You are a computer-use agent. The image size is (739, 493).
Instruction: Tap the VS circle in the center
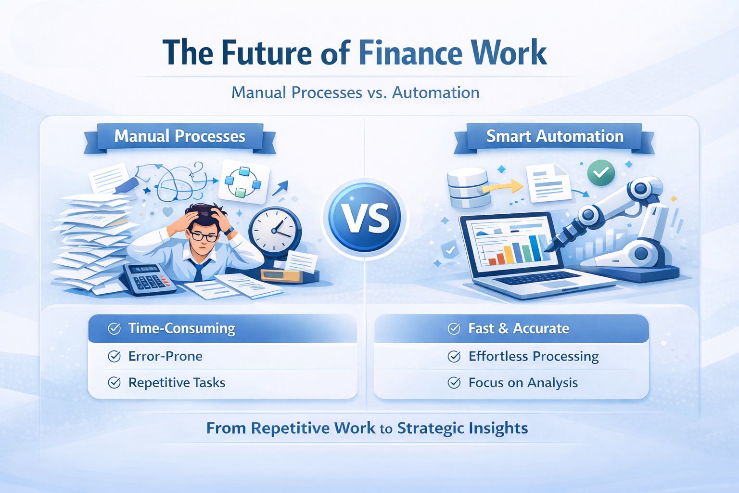click(x=365, y=218)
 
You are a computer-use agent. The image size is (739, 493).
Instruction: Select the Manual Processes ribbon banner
click(x=180, y=138)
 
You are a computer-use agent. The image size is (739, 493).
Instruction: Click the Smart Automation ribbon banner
click(x=555, y=138)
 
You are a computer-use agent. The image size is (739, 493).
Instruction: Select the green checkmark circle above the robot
click(x=601, y=172)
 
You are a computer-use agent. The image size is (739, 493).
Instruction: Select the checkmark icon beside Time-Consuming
click(x=114, y=328)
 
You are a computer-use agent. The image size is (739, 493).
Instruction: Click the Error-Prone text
click(x=166, y=356)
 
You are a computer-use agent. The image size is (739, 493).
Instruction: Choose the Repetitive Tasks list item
click(x=177, y=383)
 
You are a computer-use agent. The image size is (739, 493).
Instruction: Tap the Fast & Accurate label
click(x=519, y=328)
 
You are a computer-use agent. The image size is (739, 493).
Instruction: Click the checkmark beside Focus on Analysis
click(x=454, y=383)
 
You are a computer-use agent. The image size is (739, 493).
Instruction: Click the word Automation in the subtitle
click(x=436, y=92)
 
